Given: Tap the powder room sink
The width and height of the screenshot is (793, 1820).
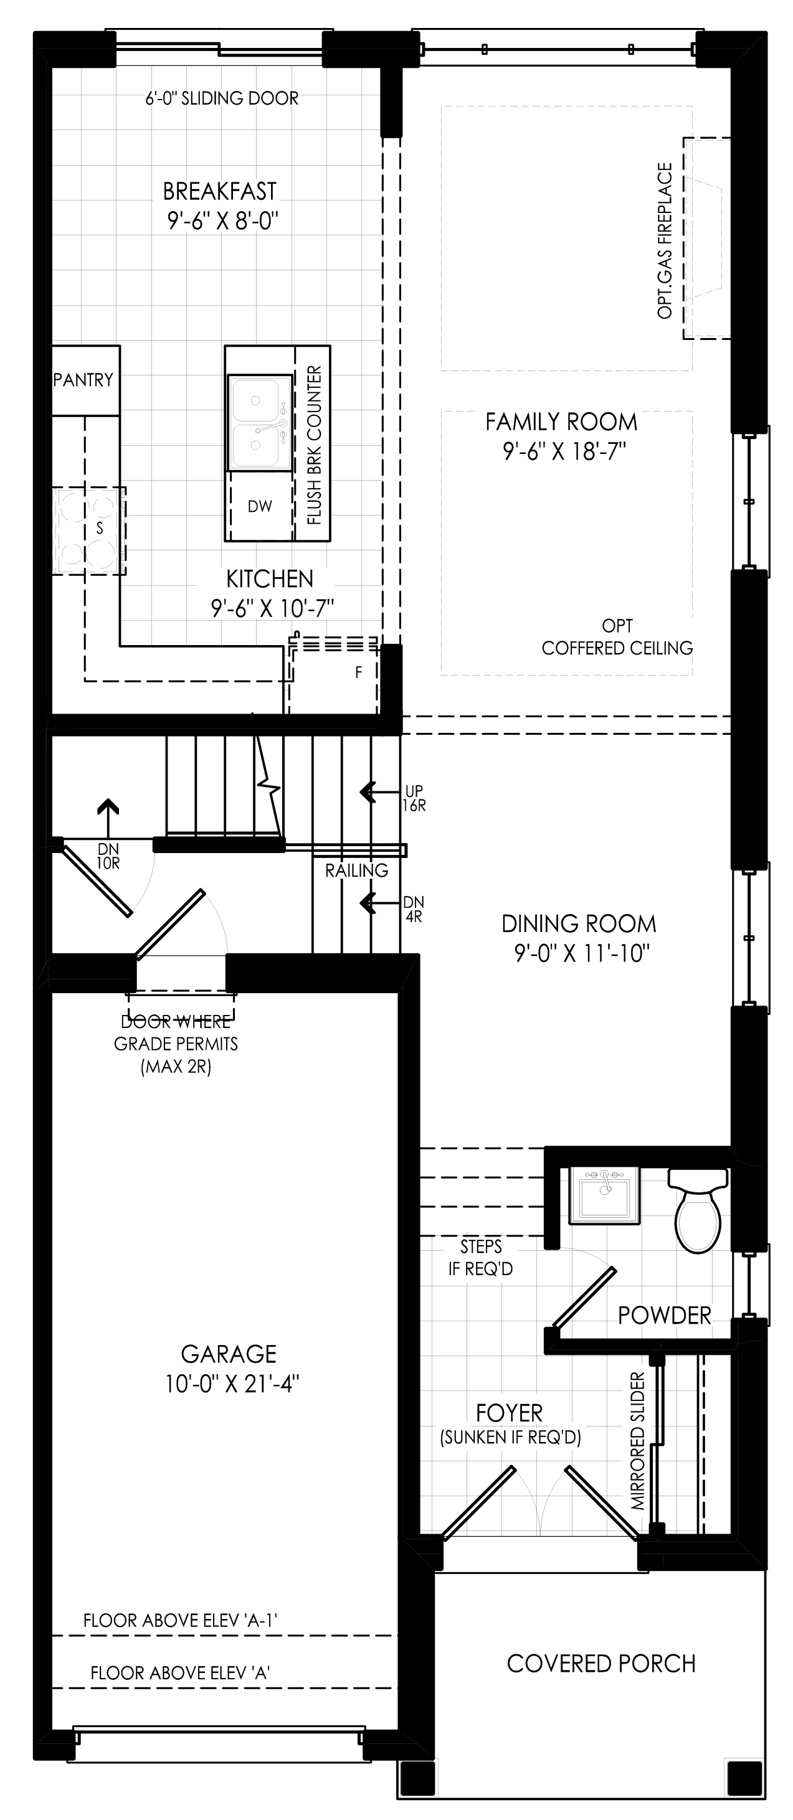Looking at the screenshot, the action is [604, 1195].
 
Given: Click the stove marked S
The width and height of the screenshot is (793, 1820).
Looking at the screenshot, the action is [89, 530].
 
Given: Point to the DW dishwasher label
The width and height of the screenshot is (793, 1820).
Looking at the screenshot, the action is [260, 507].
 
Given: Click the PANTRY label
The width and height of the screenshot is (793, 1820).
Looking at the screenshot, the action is [83, 380].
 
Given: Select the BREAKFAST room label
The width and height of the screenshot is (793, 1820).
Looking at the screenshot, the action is [220, 192].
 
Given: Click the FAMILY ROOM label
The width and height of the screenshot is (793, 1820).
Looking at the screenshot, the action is [561, 422].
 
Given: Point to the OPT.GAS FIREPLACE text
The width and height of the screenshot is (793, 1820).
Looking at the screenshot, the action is [665, 241].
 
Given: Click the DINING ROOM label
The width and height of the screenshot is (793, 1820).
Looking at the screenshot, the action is [579, 923].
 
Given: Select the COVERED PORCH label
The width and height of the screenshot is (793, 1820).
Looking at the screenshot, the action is [602, 1664].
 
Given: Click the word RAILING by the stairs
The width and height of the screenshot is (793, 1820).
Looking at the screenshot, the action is [357, 870].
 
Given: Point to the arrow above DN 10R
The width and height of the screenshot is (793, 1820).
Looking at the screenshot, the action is [108, 818].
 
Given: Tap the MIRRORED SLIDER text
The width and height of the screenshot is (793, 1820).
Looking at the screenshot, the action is [639, 1441].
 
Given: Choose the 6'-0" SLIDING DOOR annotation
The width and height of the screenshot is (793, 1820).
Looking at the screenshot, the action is [222, 98].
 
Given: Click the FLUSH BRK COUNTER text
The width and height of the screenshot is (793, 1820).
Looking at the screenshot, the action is [315, 445].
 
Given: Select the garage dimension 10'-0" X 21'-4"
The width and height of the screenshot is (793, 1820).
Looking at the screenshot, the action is [232, 1384].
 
